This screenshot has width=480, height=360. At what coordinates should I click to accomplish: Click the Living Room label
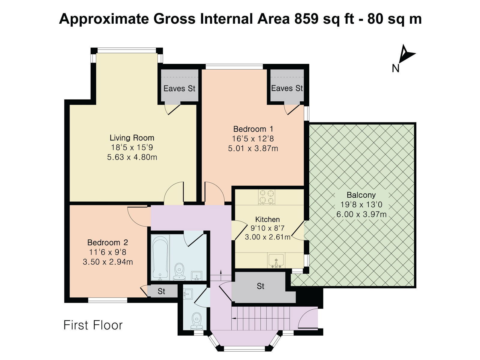(x=132, y=138)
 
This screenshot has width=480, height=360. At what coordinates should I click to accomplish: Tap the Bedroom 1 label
(x=253, y=129)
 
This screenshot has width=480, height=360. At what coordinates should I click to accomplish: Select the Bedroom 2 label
(x=108, y=242)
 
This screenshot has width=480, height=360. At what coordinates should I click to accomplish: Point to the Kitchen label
(x=267, y=219)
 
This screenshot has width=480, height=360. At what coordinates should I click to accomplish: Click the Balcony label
(x=361, y=195)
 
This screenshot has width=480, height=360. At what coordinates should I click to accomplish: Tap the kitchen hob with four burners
(x=267, y=197)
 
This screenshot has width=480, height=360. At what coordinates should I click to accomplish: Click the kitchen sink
(x=276, y=261)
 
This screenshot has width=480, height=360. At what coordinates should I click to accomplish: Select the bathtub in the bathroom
(x=160, y=257)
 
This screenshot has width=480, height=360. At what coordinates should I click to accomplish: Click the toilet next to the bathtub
(x=179, y=271)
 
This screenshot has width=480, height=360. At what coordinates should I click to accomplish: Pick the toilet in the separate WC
(x=196, y=321)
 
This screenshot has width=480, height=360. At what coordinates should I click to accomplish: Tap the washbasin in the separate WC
(x=188, y=294)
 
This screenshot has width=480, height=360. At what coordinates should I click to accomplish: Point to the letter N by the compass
(x=395, y=68)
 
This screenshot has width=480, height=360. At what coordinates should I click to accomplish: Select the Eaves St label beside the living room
(x=179, y=88)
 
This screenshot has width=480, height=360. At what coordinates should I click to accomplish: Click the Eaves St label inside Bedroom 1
(x=287, y=88)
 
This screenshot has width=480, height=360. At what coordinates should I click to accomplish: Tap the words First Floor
(x=93, y=325)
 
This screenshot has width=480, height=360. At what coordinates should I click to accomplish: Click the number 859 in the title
(x=306, y=19)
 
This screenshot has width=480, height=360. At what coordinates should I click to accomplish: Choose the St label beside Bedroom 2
(x=161, y=291)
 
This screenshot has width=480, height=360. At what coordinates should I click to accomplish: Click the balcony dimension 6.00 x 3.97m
(x=361, y=214)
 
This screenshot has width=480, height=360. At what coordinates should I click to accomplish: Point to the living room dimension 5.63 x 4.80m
(x=132, y=157)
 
